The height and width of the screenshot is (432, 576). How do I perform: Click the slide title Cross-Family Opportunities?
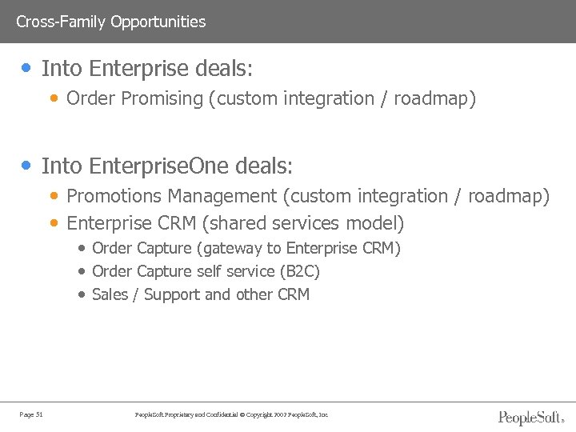tap(110, 22)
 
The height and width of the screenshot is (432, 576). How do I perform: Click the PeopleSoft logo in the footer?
tap(531, 417)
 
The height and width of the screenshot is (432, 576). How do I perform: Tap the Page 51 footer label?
tap(31, 414)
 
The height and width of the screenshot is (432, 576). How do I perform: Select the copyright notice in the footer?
tap(232, 414)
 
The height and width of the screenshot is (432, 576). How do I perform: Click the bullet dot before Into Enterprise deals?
tap(28, 69)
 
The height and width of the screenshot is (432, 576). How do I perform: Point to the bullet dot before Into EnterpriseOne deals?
tap(28, 166)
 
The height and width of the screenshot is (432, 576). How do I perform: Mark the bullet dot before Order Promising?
tap(54, 99)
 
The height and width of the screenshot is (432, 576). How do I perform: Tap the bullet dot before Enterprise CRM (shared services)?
tap(54, 222)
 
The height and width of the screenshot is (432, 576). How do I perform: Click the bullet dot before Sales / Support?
tap(82, 294)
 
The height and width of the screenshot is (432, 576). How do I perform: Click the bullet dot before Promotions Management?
tap(54, 196)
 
